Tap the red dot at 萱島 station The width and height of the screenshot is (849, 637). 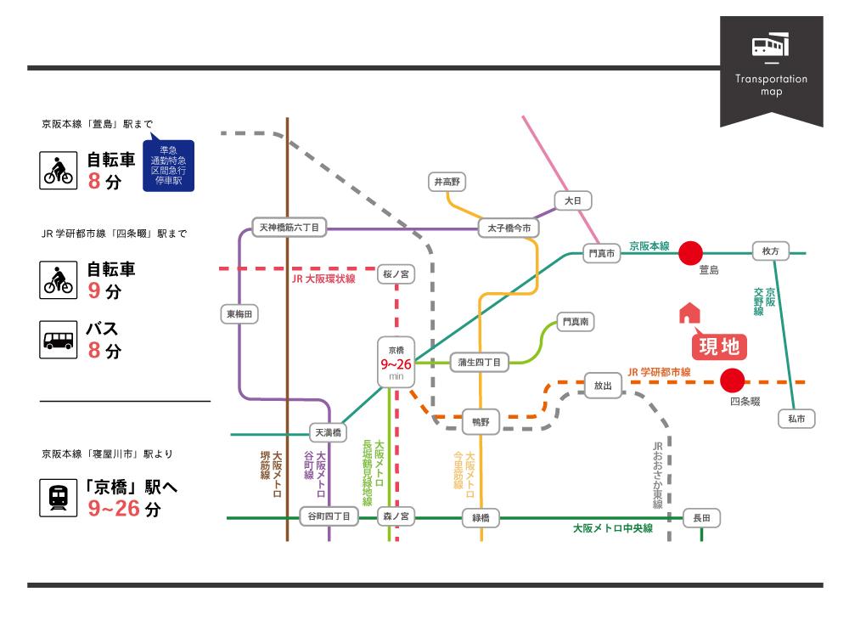(x=691, y=253)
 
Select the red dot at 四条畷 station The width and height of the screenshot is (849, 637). (x=732, y=381)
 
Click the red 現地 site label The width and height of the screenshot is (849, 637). (x=719, y=346)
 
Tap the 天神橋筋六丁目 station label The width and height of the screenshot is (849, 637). (x=290, y=228)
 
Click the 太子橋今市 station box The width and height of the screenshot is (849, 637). (x=509, y=228)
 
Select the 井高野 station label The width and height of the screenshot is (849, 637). (x=447, y=181)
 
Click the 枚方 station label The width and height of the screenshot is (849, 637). (x=770, y=251)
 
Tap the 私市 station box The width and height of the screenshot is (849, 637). (x=796, y=418)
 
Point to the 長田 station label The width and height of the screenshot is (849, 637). (x=701, y=517)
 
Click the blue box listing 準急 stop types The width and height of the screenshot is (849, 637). (x=168, y=166)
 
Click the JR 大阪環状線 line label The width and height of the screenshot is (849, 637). (x=323, y=279)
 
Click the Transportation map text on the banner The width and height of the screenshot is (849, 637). (x=772, y=85)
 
